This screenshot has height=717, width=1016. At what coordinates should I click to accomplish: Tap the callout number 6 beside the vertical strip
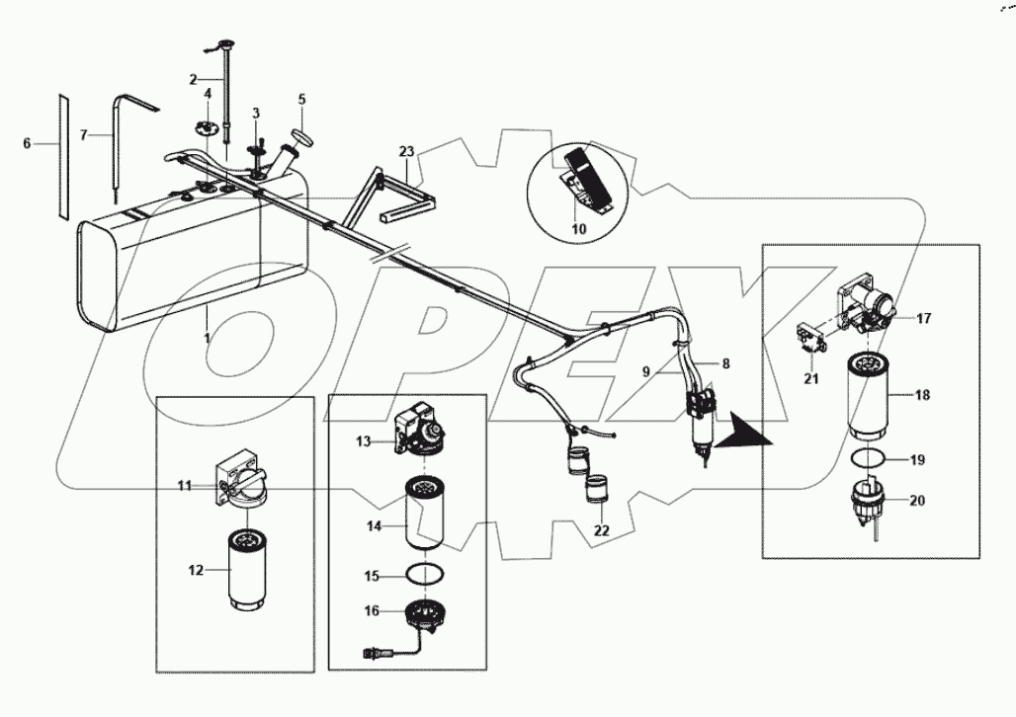[28, 143]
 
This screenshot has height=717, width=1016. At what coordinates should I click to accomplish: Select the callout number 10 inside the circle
[578, 229]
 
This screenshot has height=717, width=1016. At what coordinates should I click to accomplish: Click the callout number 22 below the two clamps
[601, 530]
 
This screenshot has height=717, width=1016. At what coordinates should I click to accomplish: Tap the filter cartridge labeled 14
[427, 514]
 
